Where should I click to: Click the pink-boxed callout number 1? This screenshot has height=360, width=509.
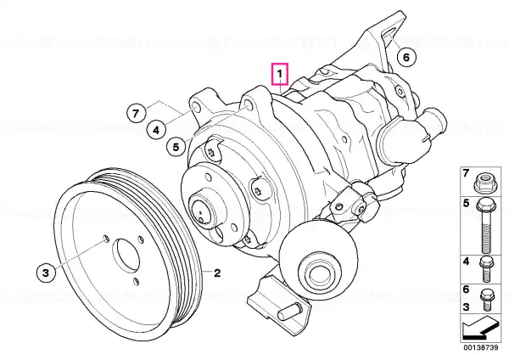click(280, 74)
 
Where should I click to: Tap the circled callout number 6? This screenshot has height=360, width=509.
click(406, 57)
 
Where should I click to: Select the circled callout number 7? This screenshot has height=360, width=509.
click(136, 113)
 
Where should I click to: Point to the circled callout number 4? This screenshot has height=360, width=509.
click(156, 130)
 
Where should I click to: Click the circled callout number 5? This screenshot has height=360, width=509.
click(176, 147)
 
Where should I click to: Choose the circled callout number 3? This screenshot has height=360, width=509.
click(46, 273)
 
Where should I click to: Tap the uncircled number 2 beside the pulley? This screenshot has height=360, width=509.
click(217, 273)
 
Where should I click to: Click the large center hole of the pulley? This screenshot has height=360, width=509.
click(126, 256)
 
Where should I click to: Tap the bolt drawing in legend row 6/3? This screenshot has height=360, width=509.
click(486, 300)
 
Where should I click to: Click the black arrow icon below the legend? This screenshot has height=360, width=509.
click(480, 329)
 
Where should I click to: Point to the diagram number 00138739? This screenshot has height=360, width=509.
click(481, 347)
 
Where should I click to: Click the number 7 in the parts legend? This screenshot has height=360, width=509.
click(466, 173)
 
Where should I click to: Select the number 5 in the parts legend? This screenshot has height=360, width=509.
click(466, 204)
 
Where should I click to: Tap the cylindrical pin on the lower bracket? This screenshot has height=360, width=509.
click(289, 311)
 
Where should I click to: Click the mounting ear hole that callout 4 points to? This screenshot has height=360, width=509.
click(196, 106)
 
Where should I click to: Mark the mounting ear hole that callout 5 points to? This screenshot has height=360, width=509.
click(248, 105)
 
